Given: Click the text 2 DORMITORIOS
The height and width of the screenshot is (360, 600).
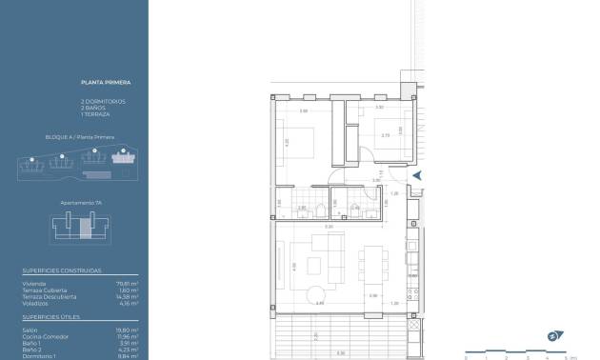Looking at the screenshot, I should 103,101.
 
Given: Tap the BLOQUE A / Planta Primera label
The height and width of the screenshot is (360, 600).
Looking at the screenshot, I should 80,137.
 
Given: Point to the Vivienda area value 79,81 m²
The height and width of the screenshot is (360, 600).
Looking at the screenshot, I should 128,282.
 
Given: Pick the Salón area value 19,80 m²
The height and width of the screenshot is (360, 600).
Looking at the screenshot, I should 129,330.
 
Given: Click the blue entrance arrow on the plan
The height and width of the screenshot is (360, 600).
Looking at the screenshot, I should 416,174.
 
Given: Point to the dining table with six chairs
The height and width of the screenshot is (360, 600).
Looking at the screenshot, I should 374,255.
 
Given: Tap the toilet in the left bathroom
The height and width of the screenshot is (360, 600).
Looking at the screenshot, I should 324,211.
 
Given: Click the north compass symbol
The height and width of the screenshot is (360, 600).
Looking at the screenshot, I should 554,335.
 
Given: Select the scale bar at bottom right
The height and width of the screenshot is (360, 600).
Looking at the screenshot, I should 516,352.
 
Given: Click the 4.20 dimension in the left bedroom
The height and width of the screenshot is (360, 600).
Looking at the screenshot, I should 286,143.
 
